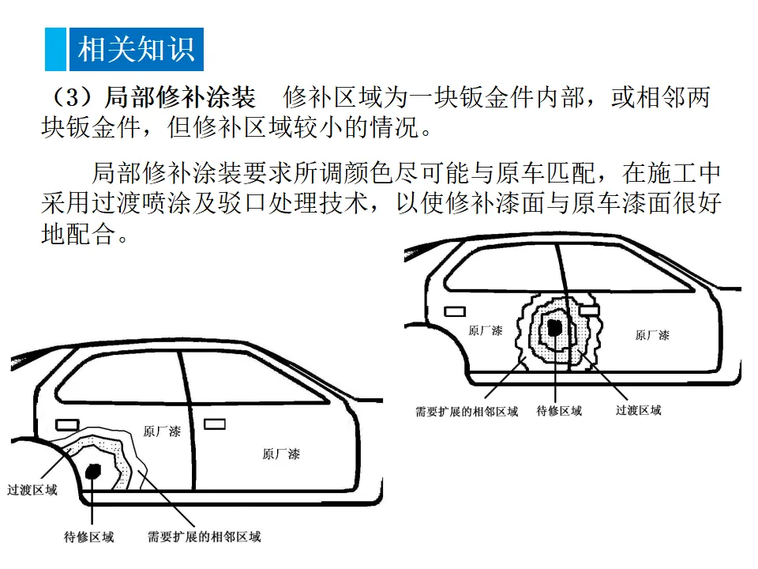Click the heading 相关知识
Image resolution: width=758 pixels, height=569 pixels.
coord(136,49)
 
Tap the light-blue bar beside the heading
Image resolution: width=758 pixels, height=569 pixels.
coord(55,49)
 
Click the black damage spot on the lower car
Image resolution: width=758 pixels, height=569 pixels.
coord(94,470)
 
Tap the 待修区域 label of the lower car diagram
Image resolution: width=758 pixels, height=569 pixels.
coord(88,537)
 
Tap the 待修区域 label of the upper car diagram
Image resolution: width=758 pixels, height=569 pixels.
coord(559,411)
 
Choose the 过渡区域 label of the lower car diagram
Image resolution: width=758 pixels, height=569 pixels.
coord(32,490)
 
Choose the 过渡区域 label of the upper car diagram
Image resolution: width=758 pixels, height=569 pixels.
coord(638,411)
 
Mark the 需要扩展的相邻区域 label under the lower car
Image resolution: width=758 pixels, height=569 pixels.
coord(205,537)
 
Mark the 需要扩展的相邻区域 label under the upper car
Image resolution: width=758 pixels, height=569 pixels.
coord(467,411)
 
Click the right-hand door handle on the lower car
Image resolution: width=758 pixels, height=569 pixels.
coord(215,424)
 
